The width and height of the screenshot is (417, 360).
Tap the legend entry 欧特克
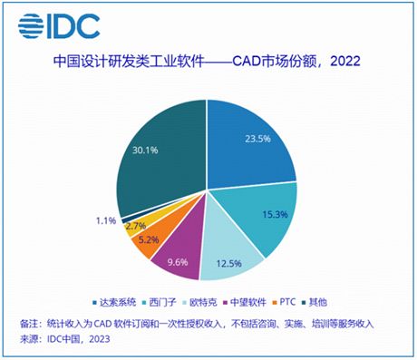pos(213,302)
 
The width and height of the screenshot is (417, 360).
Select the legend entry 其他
pos(339,302)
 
